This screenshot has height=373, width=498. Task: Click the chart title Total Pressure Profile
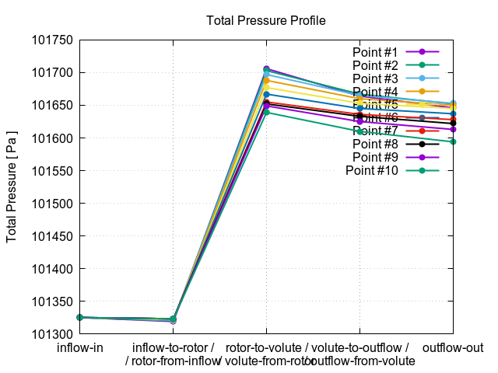coord(266,20)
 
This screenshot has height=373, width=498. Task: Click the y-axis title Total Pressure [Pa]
coord(12,186)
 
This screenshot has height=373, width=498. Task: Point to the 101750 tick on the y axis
coord(51,40)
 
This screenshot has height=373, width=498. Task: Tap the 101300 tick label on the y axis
coord(51,335)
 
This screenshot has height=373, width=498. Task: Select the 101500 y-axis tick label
coord(51,204)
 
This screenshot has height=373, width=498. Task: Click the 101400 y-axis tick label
coord(51,270)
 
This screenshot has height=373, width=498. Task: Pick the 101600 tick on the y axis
coord(51,138)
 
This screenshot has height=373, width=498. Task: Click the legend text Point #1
coord(375,52)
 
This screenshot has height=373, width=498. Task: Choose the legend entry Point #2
coord(375,65)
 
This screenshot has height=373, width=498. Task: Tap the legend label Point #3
coord(375,78)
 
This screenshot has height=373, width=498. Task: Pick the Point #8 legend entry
coord(375,144)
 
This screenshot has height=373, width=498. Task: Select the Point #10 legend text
coord(372,170)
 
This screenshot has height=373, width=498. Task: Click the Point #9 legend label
coord(375,157)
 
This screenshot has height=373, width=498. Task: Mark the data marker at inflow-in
coord(79,318)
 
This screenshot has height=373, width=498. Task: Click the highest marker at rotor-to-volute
coord(266,69)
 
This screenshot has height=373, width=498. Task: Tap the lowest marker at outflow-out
coord(454,141)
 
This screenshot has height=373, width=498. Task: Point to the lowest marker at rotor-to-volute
coord(266,113)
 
